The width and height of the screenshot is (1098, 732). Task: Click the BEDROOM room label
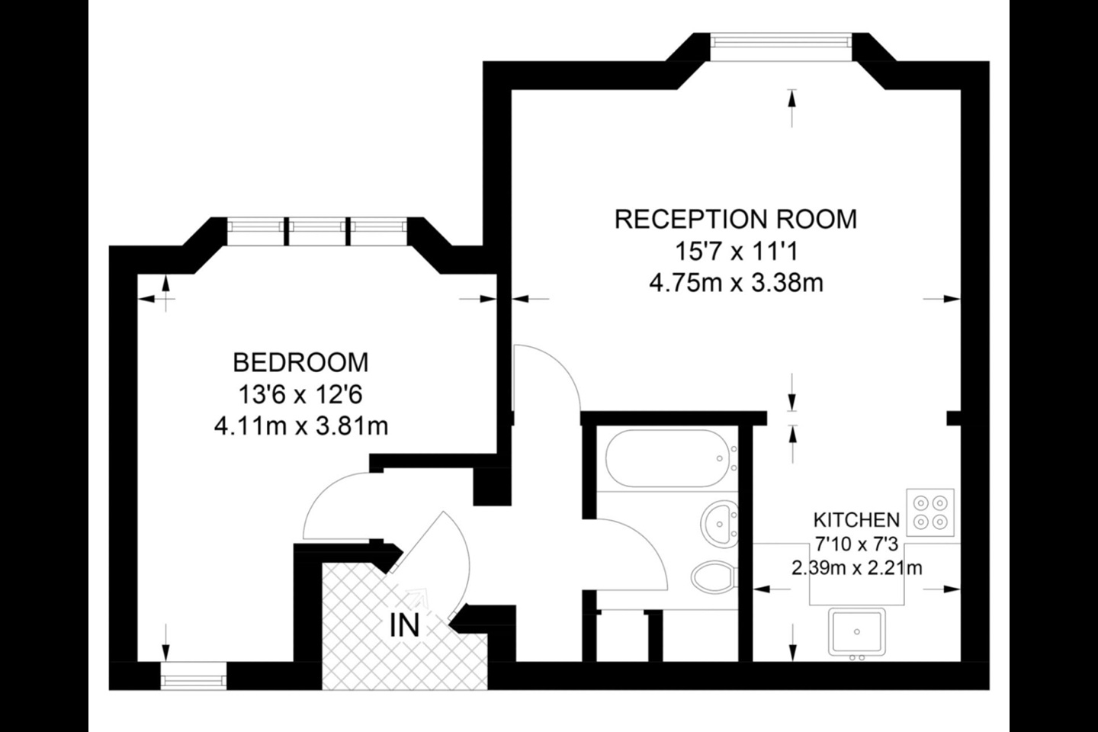click(300, 361)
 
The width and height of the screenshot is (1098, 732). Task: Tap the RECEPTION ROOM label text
click(736, 219)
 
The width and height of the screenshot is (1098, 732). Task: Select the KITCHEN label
click(856, 521)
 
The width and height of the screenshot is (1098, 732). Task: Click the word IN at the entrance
click(404, 626)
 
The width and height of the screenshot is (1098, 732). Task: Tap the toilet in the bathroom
click(715, 577)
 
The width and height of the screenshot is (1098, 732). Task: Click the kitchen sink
click(857, 632)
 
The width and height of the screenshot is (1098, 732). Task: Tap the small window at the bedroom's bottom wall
click(194, 675)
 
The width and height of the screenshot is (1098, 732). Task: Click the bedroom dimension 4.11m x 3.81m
click(300, 425)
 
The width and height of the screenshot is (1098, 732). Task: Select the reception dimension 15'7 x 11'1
click(736, 251)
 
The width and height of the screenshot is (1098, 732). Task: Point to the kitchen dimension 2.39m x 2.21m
click(856, 568)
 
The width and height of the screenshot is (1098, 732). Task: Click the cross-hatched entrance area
click(358, 656)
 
